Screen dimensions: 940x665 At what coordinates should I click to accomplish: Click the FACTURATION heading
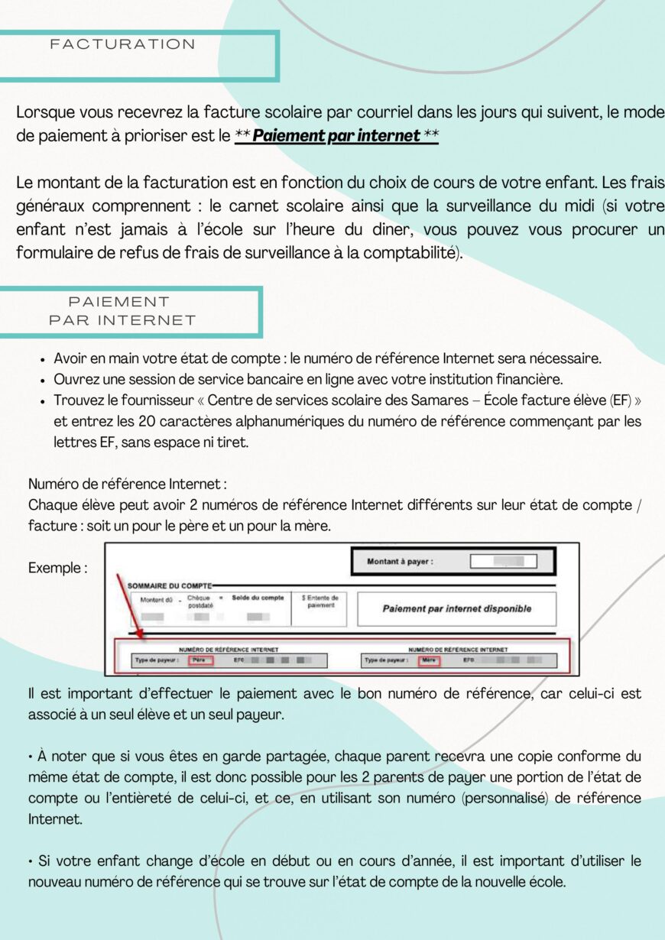(x=123, y=44)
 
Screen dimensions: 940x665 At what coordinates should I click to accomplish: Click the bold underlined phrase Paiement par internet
(x=336, y=136)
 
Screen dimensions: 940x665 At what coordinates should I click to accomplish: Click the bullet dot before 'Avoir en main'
(x=43, y=358)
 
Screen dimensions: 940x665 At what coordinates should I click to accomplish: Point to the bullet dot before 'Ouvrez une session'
(x=43, y=380)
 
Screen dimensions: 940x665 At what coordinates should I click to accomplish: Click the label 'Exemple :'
(x=57, y=568)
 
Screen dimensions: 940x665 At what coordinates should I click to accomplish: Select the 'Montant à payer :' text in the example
(x=400, y=562)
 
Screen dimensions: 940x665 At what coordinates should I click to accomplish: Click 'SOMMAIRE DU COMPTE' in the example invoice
(x=169, y=585)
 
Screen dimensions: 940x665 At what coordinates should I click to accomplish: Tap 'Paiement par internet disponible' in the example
(x=456, y=609)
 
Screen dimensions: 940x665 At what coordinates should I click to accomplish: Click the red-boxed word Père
(x=200, y=660)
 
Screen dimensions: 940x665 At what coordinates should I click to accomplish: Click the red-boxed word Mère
(x=429, y=660)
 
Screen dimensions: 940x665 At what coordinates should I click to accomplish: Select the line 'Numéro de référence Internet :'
(x=127, y=484)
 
